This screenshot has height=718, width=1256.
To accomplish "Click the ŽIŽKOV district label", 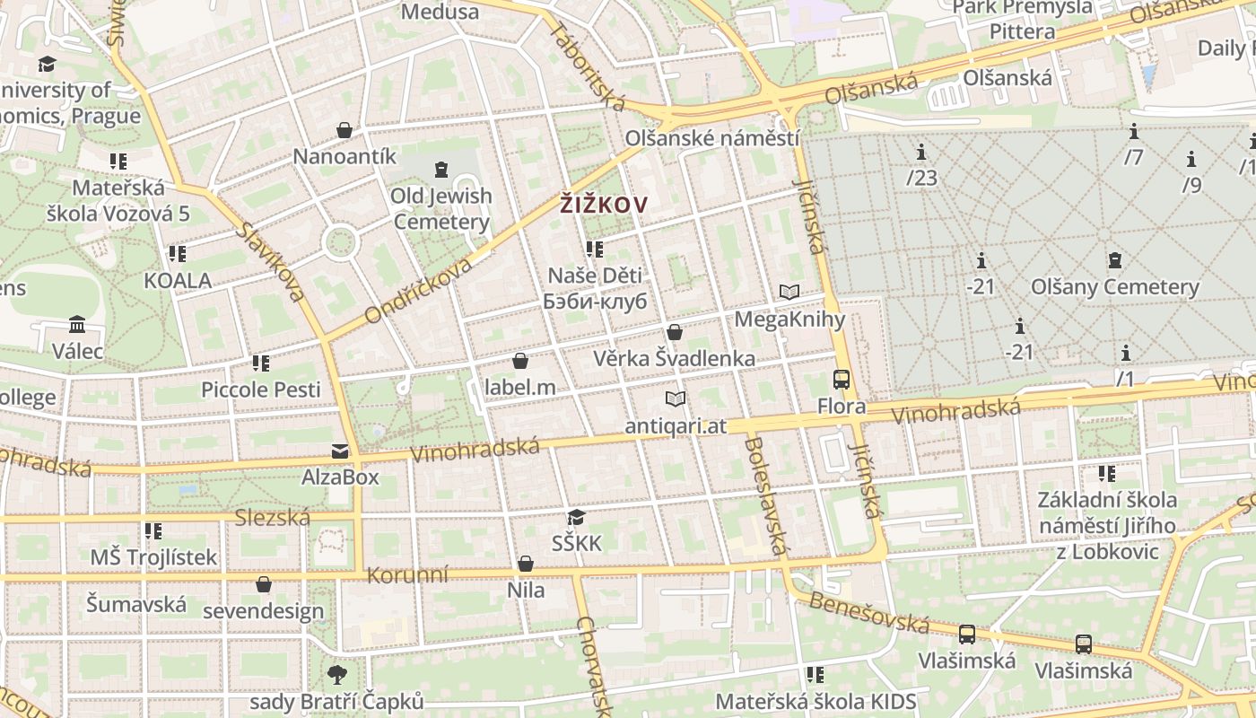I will point(603,205).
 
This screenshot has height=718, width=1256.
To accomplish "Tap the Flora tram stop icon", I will point(842,380).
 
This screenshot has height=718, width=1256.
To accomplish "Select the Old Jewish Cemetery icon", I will point(440,169).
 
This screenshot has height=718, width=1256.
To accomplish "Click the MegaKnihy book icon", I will point(789,292).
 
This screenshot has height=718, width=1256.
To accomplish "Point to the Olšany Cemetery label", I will point(1114,287).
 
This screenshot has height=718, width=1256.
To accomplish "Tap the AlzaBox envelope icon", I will point(340,451).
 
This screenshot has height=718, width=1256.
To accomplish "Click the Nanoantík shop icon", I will point(344,130).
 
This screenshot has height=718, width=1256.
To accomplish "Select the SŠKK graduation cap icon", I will point(576,517).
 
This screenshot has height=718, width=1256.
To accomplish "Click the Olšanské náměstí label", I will point(711,138).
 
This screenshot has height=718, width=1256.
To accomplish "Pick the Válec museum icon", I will point(77,324).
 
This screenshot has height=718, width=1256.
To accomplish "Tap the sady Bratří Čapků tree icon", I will point(337,674).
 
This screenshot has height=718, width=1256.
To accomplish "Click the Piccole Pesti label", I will point(260,390).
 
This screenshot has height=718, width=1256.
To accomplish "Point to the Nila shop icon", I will point(526,564).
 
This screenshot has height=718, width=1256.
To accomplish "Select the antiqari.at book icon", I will point(676,398).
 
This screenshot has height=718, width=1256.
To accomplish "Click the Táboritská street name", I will point(588,67).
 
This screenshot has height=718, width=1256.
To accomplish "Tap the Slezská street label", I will point(272,517).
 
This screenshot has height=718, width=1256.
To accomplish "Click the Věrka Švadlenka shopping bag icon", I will point(675,332).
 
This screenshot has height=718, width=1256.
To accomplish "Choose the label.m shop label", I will point(519,388).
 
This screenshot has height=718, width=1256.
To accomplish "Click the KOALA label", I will point(178,281).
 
